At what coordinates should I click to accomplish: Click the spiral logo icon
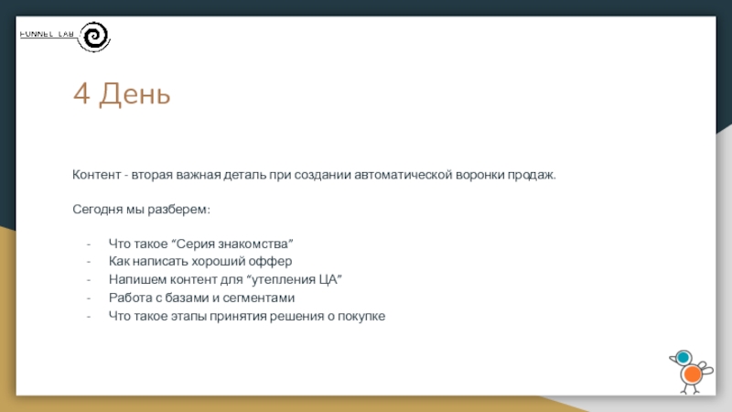click(94, 37)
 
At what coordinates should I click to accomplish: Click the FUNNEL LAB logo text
click(47, 34)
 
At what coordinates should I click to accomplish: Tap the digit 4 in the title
click(81, 93)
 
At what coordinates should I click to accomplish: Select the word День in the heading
click(135, 94)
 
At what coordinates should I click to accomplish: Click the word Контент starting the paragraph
click(97, 175)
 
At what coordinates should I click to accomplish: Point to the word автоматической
click(404, 175)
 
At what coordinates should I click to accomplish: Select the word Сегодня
click(98, 210)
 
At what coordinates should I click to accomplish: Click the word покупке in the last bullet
click(361, 316)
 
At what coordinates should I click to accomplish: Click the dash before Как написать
click(88, 262)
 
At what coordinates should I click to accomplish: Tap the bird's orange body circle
click(692, 374)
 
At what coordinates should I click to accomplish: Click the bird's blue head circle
click(684, 358)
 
